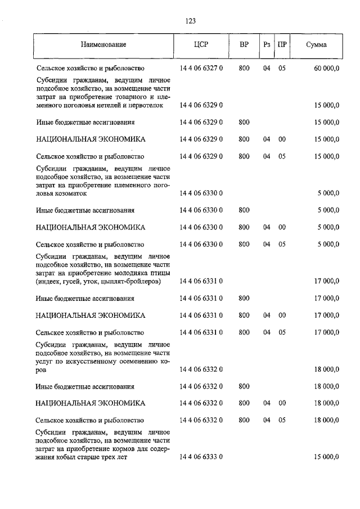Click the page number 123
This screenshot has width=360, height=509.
pyautogui.click(x=190, y=21)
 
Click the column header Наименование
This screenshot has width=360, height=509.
pyautogui.click(x=103, y=44)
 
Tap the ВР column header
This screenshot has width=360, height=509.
pyautogui.click(x=244, y=44)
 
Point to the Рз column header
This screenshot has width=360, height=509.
pyautogui.click(x=266, y=44)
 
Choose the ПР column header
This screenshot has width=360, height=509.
pyautogui.click(x=282, y=44)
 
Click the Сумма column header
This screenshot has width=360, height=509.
pyautogui.click(x=317, y=44)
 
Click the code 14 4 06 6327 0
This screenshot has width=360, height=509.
pyautogui.click(x=201, y=69)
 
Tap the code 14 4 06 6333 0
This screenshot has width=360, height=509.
pyautogui.click(x=201, y=457)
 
